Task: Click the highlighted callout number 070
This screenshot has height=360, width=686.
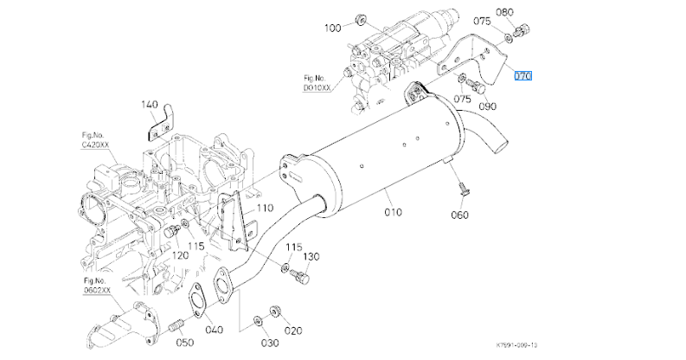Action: pos(523,75)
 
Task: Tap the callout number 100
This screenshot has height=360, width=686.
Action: pos(333,29)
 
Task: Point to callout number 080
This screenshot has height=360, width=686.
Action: pos(505,13)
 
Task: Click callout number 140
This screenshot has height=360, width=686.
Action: pos(151,105)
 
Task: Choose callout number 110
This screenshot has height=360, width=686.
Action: pos(264,208)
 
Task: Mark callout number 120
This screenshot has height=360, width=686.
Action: pos(180,255)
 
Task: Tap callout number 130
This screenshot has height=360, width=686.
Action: pos(311,257)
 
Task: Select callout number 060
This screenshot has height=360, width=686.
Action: pos(459,214)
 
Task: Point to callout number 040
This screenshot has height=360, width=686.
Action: pos(214,330)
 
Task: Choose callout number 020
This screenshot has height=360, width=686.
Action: pos(294,330)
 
